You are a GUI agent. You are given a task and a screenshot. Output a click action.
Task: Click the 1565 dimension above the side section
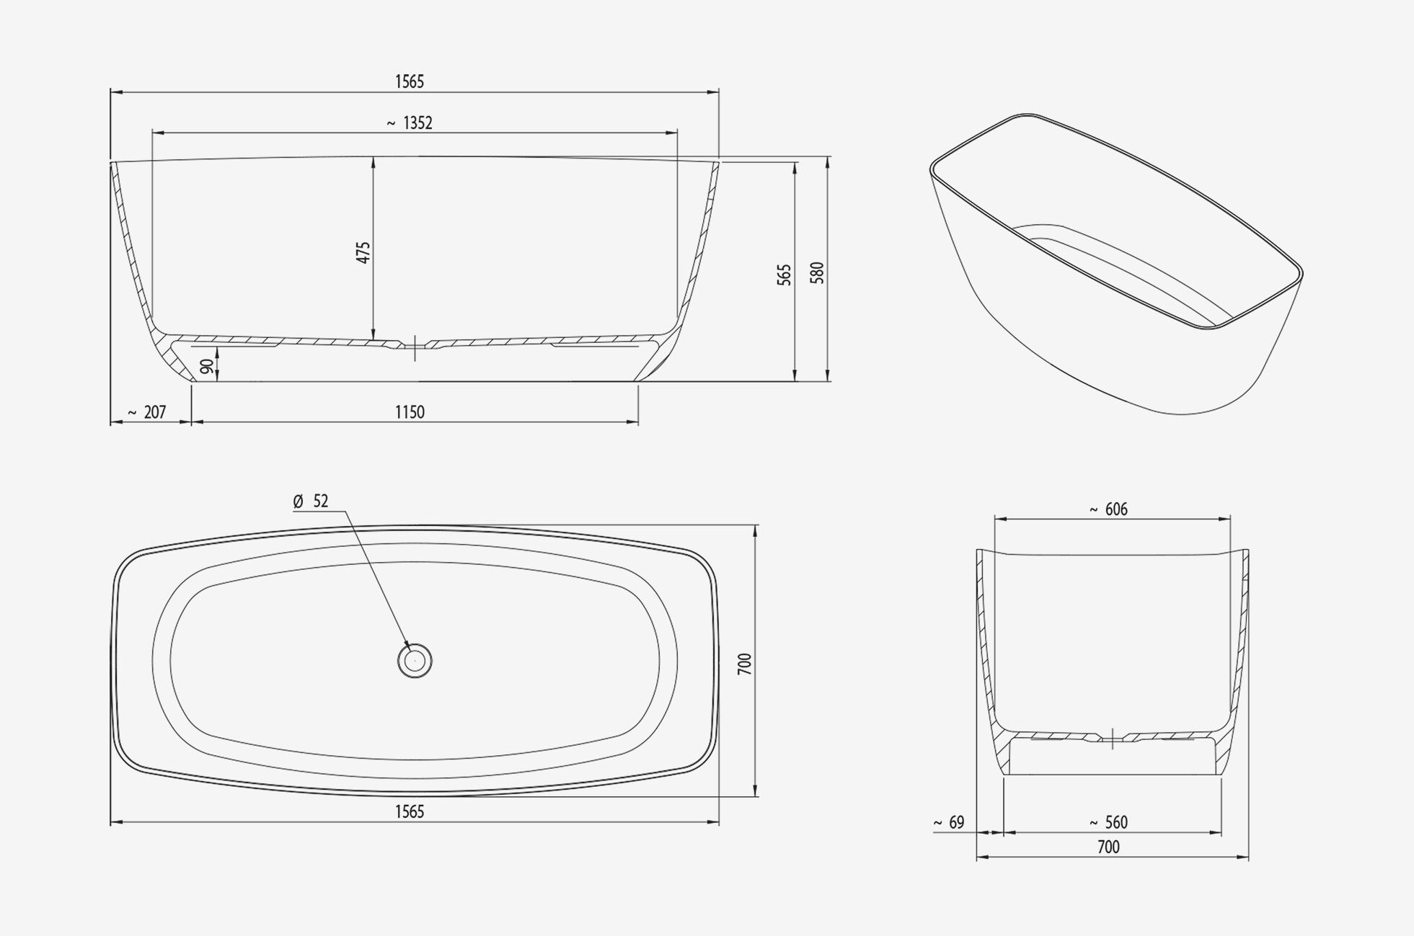(410, 82)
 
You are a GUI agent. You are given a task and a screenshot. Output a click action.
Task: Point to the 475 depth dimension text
(363, 252)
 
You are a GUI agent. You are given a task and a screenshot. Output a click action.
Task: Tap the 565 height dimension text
(785, 275)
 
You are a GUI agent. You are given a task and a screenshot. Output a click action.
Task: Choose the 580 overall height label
(818, 272)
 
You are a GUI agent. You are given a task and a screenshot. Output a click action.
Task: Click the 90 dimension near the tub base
(207, 366)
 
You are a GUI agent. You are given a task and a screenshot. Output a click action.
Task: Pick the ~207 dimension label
(147, 412)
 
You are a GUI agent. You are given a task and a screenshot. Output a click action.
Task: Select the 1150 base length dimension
(410, 412)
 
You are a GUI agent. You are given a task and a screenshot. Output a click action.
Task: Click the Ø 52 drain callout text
(311, 502)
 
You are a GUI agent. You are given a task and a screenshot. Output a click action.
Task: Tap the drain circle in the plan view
(415, 661)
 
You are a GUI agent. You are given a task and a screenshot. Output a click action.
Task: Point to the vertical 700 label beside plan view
(745, 664)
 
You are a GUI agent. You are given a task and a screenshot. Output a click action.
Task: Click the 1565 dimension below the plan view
(410, 812)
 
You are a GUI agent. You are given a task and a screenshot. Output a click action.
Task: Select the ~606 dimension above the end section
(1108, 510)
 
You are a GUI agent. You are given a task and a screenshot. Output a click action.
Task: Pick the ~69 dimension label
(949, 823)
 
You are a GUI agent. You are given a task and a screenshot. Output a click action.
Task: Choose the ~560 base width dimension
(1108, 823)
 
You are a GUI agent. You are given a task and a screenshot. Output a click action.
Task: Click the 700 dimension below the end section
(1108, 847)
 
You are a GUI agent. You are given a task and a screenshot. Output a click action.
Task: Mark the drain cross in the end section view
(1113, 739)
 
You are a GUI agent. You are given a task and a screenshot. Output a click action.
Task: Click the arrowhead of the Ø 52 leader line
(408, 646)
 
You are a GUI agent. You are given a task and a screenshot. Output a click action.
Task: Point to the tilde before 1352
(391, 124)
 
